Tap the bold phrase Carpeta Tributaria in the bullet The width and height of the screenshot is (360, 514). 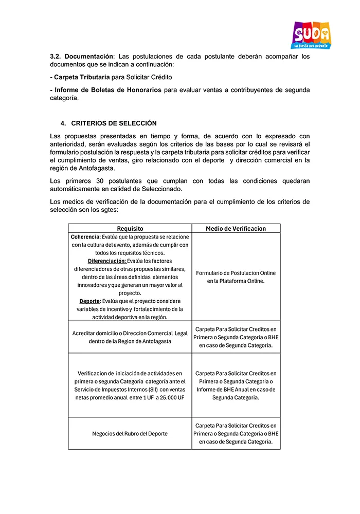[x=82, y=77]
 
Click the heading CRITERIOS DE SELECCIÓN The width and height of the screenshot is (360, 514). [x=114, y=123]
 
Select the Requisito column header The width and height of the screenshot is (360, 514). [x=130, y=228]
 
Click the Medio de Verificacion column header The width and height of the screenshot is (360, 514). [x=236, y=228]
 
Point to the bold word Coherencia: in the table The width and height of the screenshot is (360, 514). [x=85, y=237]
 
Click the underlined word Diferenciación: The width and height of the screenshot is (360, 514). [x=106, y=261]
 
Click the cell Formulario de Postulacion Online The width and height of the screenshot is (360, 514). [x=236, y=273]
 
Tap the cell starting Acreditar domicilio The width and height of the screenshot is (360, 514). [x=130, y=337]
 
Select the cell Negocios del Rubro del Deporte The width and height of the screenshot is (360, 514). [x=130, y=433]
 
